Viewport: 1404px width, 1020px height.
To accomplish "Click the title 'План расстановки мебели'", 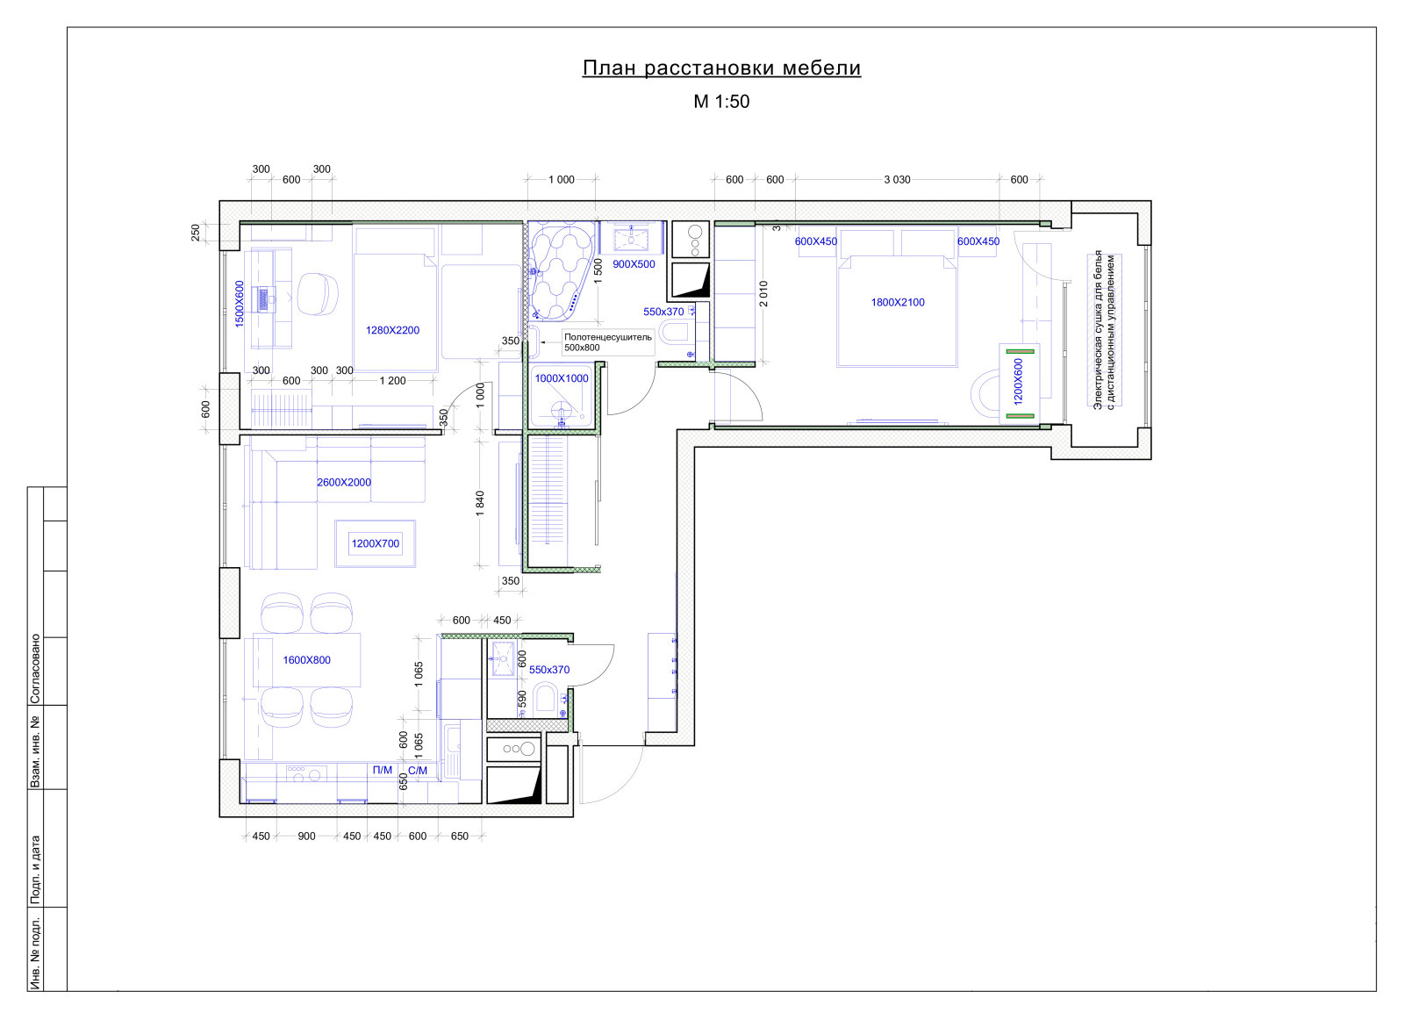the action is click(721, 68).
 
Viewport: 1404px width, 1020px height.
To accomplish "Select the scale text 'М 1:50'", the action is click(721, 102).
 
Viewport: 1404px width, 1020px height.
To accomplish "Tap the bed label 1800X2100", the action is click(898, 302).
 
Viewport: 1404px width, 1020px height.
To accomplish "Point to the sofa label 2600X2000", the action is click(343, 482).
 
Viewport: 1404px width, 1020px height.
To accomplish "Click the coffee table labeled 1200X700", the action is click(375, 543).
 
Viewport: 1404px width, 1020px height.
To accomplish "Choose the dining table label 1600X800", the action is click(306, 659).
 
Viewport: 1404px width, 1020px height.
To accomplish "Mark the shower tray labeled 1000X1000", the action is click(562, 395).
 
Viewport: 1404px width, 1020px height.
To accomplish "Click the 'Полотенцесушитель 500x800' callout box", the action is click(607, 342).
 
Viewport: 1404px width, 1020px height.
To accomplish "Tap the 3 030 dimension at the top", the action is click(897, 180).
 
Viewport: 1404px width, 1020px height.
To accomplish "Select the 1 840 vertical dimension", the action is click(480, 504).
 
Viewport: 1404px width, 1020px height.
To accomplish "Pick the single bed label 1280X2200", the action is click(392, 330).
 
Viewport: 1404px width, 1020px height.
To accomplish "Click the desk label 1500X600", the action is click(240, 304).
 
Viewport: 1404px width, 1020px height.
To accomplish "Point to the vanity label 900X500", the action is click(634, 264).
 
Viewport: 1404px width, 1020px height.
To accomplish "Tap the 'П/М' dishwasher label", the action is click(383, 770).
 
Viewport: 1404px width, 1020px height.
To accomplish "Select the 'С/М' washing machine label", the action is click(418, 771).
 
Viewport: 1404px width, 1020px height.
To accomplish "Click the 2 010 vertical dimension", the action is click(763, 293).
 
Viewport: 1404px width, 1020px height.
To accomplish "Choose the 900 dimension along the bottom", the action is click(306, 837).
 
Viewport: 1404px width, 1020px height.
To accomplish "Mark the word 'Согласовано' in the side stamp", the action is click(36, 668).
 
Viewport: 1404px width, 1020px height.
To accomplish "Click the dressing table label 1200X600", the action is click(1018, 381).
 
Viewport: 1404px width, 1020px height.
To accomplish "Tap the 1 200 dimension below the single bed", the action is click(392, 381).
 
